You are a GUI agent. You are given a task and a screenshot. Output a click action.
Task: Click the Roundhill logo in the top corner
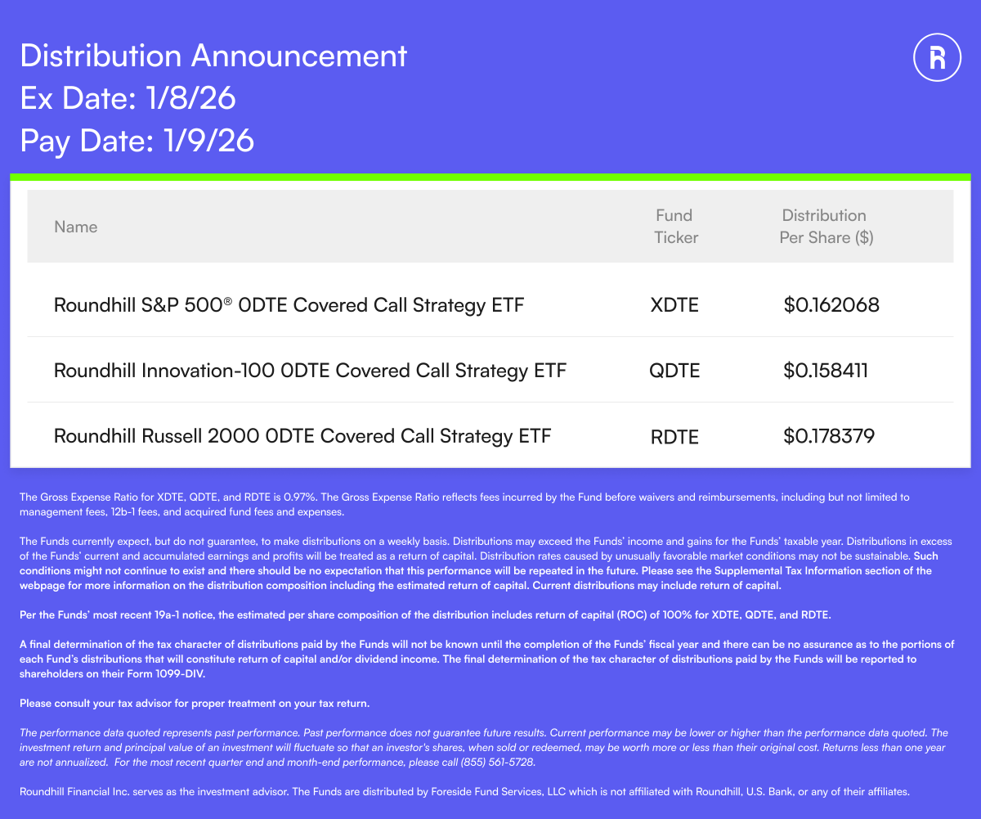(938, 57)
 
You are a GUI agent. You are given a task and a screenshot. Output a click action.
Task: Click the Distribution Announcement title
(213, 56)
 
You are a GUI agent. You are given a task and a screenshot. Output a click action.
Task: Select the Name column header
(76, 227)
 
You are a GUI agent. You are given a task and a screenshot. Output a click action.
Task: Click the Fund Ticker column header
(675, 227)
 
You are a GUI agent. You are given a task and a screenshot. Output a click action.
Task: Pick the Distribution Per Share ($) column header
(825, 227)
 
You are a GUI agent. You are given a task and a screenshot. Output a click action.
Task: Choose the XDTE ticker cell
(674, 305)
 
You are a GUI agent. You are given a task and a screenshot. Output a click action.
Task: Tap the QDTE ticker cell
(674, 371)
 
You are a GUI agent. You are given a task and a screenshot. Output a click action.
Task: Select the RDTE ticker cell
(674, 437)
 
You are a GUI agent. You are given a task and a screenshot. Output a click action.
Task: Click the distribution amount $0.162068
(831, 305)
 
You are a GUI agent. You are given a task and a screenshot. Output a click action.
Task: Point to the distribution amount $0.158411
(826, 371)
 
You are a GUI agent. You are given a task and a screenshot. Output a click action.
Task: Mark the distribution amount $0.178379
(829, 436)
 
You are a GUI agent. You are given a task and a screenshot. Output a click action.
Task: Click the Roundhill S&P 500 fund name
(289, 305)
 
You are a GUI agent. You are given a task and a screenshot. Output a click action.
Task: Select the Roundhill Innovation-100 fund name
(310, 371)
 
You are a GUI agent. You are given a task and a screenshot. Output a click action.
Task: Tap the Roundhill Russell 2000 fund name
(302, 436)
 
